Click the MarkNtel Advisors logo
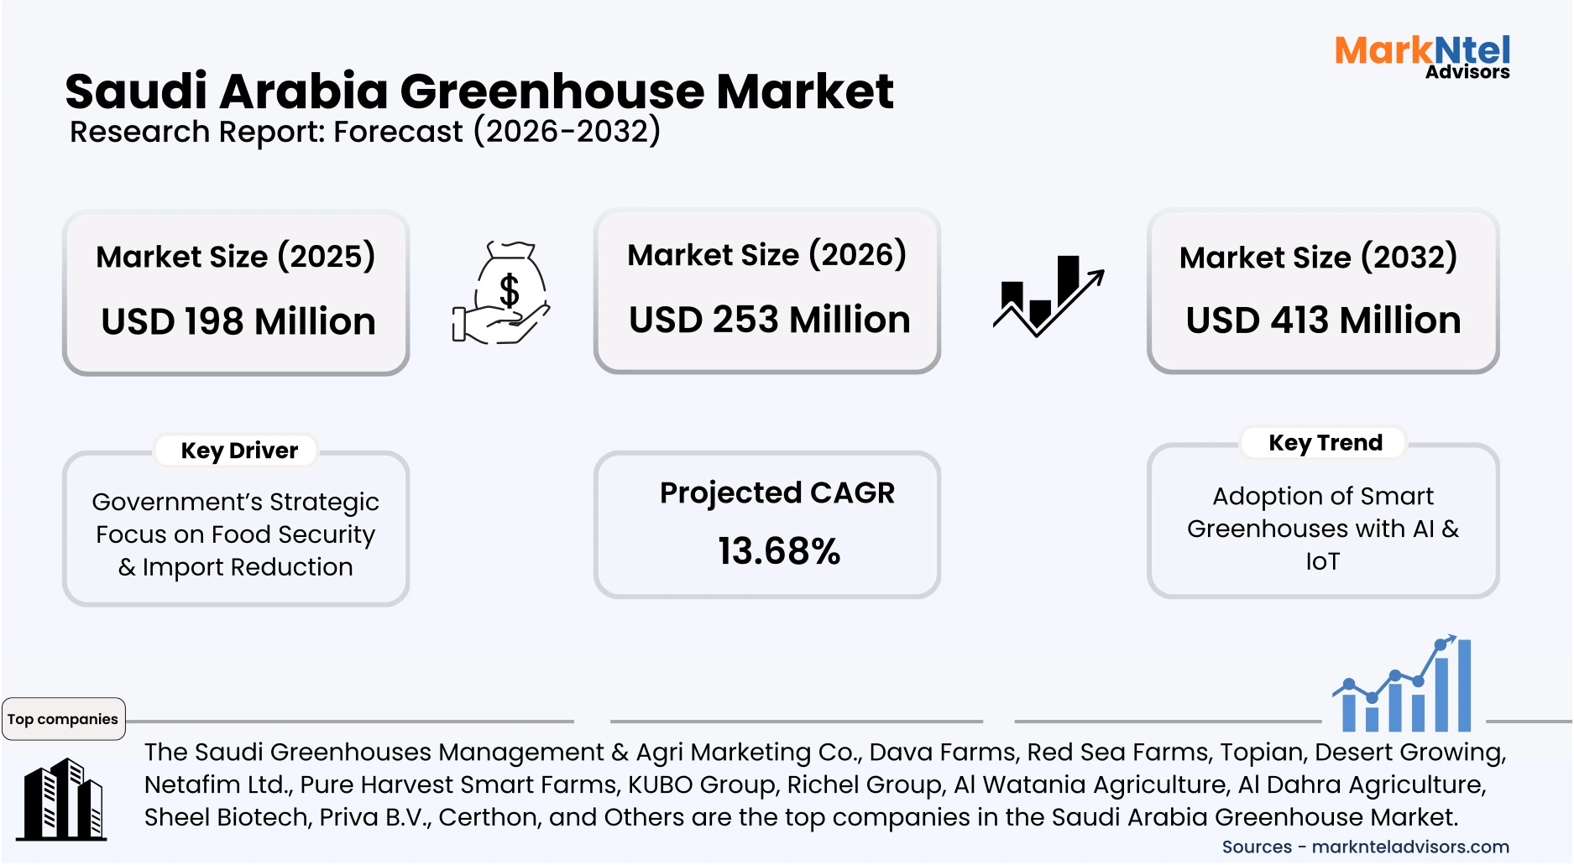point(1422,56)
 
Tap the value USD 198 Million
point(238,321)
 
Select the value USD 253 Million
point(769,320)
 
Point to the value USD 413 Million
point(1323,320)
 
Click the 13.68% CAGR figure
point(778,551)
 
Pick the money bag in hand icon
point(502,293)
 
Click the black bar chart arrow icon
point(1048,296)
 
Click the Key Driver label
point(239,451)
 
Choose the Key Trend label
point(1325,442)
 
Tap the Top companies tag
point(63,719)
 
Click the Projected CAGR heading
point(777,492)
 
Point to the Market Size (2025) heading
point(235,256)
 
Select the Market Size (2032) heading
point(1318,257)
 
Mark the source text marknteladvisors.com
point(1409,847)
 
